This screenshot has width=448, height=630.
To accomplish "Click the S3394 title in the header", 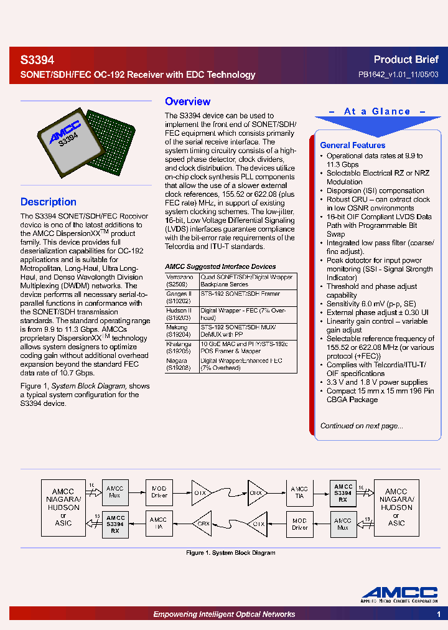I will tap(37, 60).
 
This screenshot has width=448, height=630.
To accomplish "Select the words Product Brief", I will tap(406, 60).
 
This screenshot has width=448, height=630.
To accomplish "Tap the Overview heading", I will tap(187, 101).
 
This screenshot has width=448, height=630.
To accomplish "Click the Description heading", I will tap(49, 202).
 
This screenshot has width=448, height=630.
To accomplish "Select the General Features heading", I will tap(352, 145).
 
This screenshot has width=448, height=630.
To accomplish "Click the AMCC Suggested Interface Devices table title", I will tap(220, 266).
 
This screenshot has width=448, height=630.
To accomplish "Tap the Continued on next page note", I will tap(362, 426).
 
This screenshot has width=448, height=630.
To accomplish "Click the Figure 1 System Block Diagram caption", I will tap(231, 553).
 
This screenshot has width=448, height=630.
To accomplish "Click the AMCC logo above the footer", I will tap(400, 595).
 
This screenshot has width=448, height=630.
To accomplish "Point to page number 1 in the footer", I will tap(439, 614).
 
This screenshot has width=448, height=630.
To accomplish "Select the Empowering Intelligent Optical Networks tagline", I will tap(224, 614).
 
